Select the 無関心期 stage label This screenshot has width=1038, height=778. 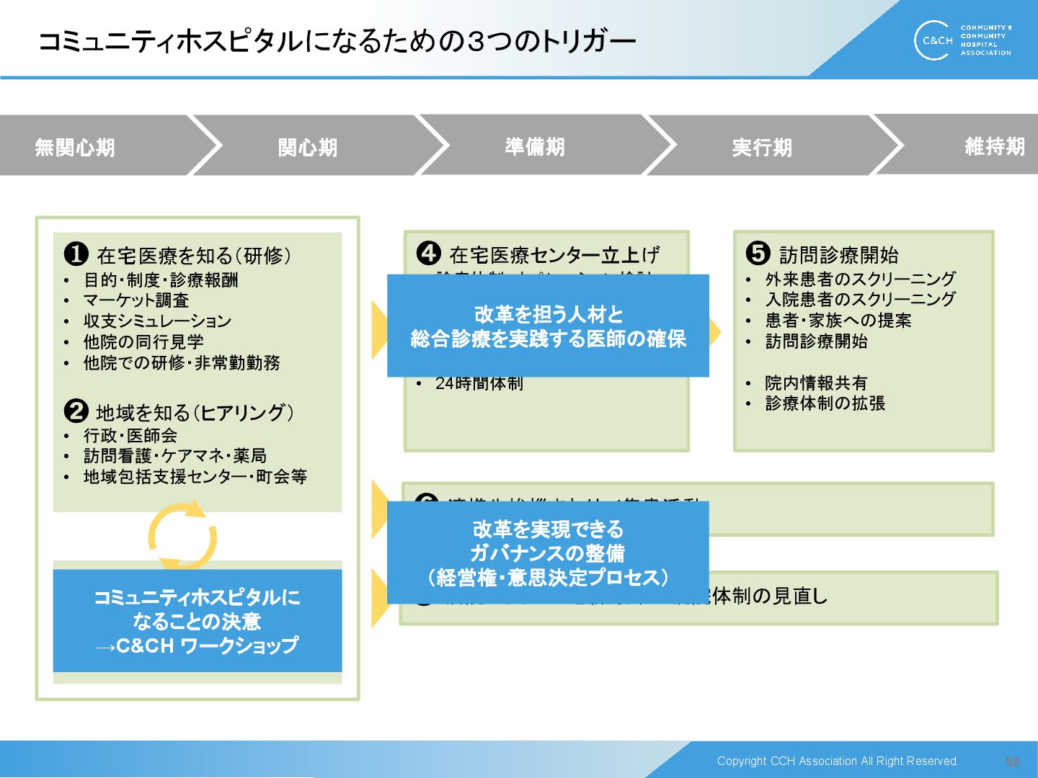coord(75,148)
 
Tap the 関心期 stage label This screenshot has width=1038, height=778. coord(308,148)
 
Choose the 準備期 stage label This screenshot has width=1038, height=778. coord(535,147)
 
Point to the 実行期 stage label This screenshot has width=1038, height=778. coord(762,148)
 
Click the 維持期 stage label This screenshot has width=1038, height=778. coord(994,147)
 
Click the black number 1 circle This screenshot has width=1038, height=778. coord(76,254)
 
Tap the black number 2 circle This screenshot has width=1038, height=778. coord(76,411)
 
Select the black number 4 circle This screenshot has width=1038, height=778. coord(429,253)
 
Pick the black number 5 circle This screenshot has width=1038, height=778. coord(758,253)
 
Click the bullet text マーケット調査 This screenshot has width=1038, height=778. coord(136,300)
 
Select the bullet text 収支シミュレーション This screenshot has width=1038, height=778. coord(157,321)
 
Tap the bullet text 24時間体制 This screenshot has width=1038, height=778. coord(479,384)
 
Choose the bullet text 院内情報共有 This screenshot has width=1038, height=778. coord(816,383)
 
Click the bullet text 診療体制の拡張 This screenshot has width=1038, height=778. coord(825,403)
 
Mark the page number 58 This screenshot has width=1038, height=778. coord(1012,761)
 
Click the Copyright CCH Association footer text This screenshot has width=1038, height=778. coord(838,761)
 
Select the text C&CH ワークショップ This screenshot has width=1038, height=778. coord(206,646)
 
